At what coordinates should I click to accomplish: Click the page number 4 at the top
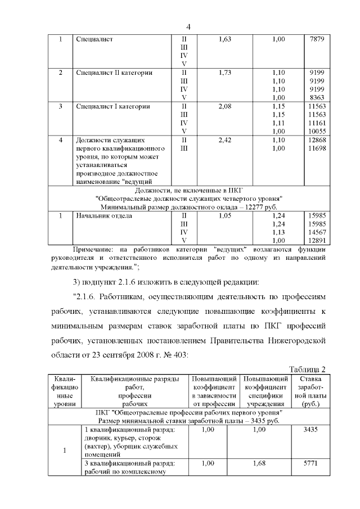pos(188,27)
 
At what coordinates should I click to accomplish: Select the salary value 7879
pos(317,39)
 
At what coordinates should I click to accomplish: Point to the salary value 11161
pos(316,123)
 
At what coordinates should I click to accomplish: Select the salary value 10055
pos(316,131)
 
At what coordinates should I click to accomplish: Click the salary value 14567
pos(316,232)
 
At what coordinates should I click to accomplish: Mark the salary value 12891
pos(316,241)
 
